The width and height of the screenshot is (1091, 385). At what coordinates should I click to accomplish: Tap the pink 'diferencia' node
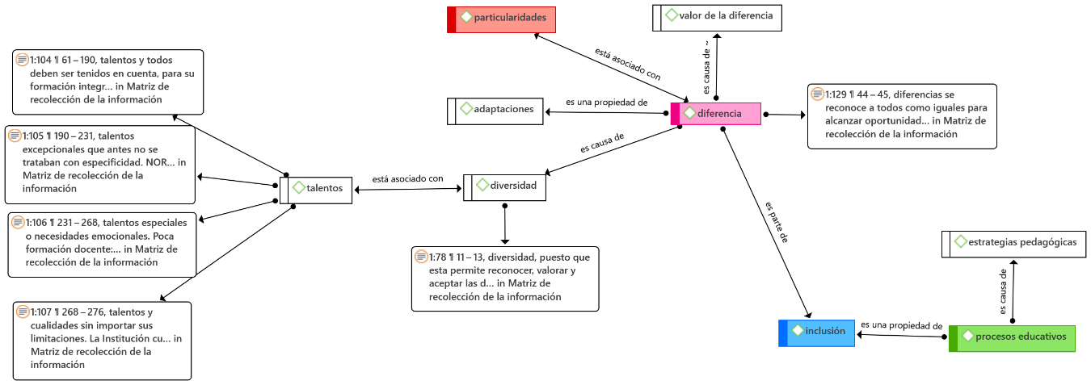pyautogui.click(x=716, y=114)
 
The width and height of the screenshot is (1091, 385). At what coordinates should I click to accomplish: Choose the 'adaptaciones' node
pyautogui.click(x=496, y=111)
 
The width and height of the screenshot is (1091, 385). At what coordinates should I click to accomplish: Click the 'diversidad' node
pyautogui.click(x=505, y=187)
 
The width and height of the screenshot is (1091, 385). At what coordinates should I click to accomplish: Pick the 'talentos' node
pyautogui.click(x=316, y=190)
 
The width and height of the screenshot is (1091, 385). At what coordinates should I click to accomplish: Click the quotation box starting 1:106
pyautogui.click(x=100, y=242)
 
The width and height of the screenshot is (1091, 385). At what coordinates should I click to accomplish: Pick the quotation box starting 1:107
pyautogui.click(x=103, y=340)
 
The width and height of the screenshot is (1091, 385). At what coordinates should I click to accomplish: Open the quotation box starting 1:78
pyautogui.click(x=505, y=278)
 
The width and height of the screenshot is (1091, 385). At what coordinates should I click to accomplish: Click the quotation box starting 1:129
pyautogui.click(x=901, y=115)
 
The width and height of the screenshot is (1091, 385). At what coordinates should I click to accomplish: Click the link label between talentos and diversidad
pyautogui.click(x=407, y=179)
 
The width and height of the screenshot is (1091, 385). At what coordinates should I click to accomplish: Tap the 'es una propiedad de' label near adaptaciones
pyautogui.click(x=607, y=103)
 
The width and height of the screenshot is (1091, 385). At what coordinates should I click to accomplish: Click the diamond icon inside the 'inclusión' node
pyautogui.click(x=798, y=331)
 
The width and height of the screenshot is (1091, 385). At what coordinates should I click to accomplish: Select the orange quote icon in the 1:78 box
pyautogui.click(x=420, y=257)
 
